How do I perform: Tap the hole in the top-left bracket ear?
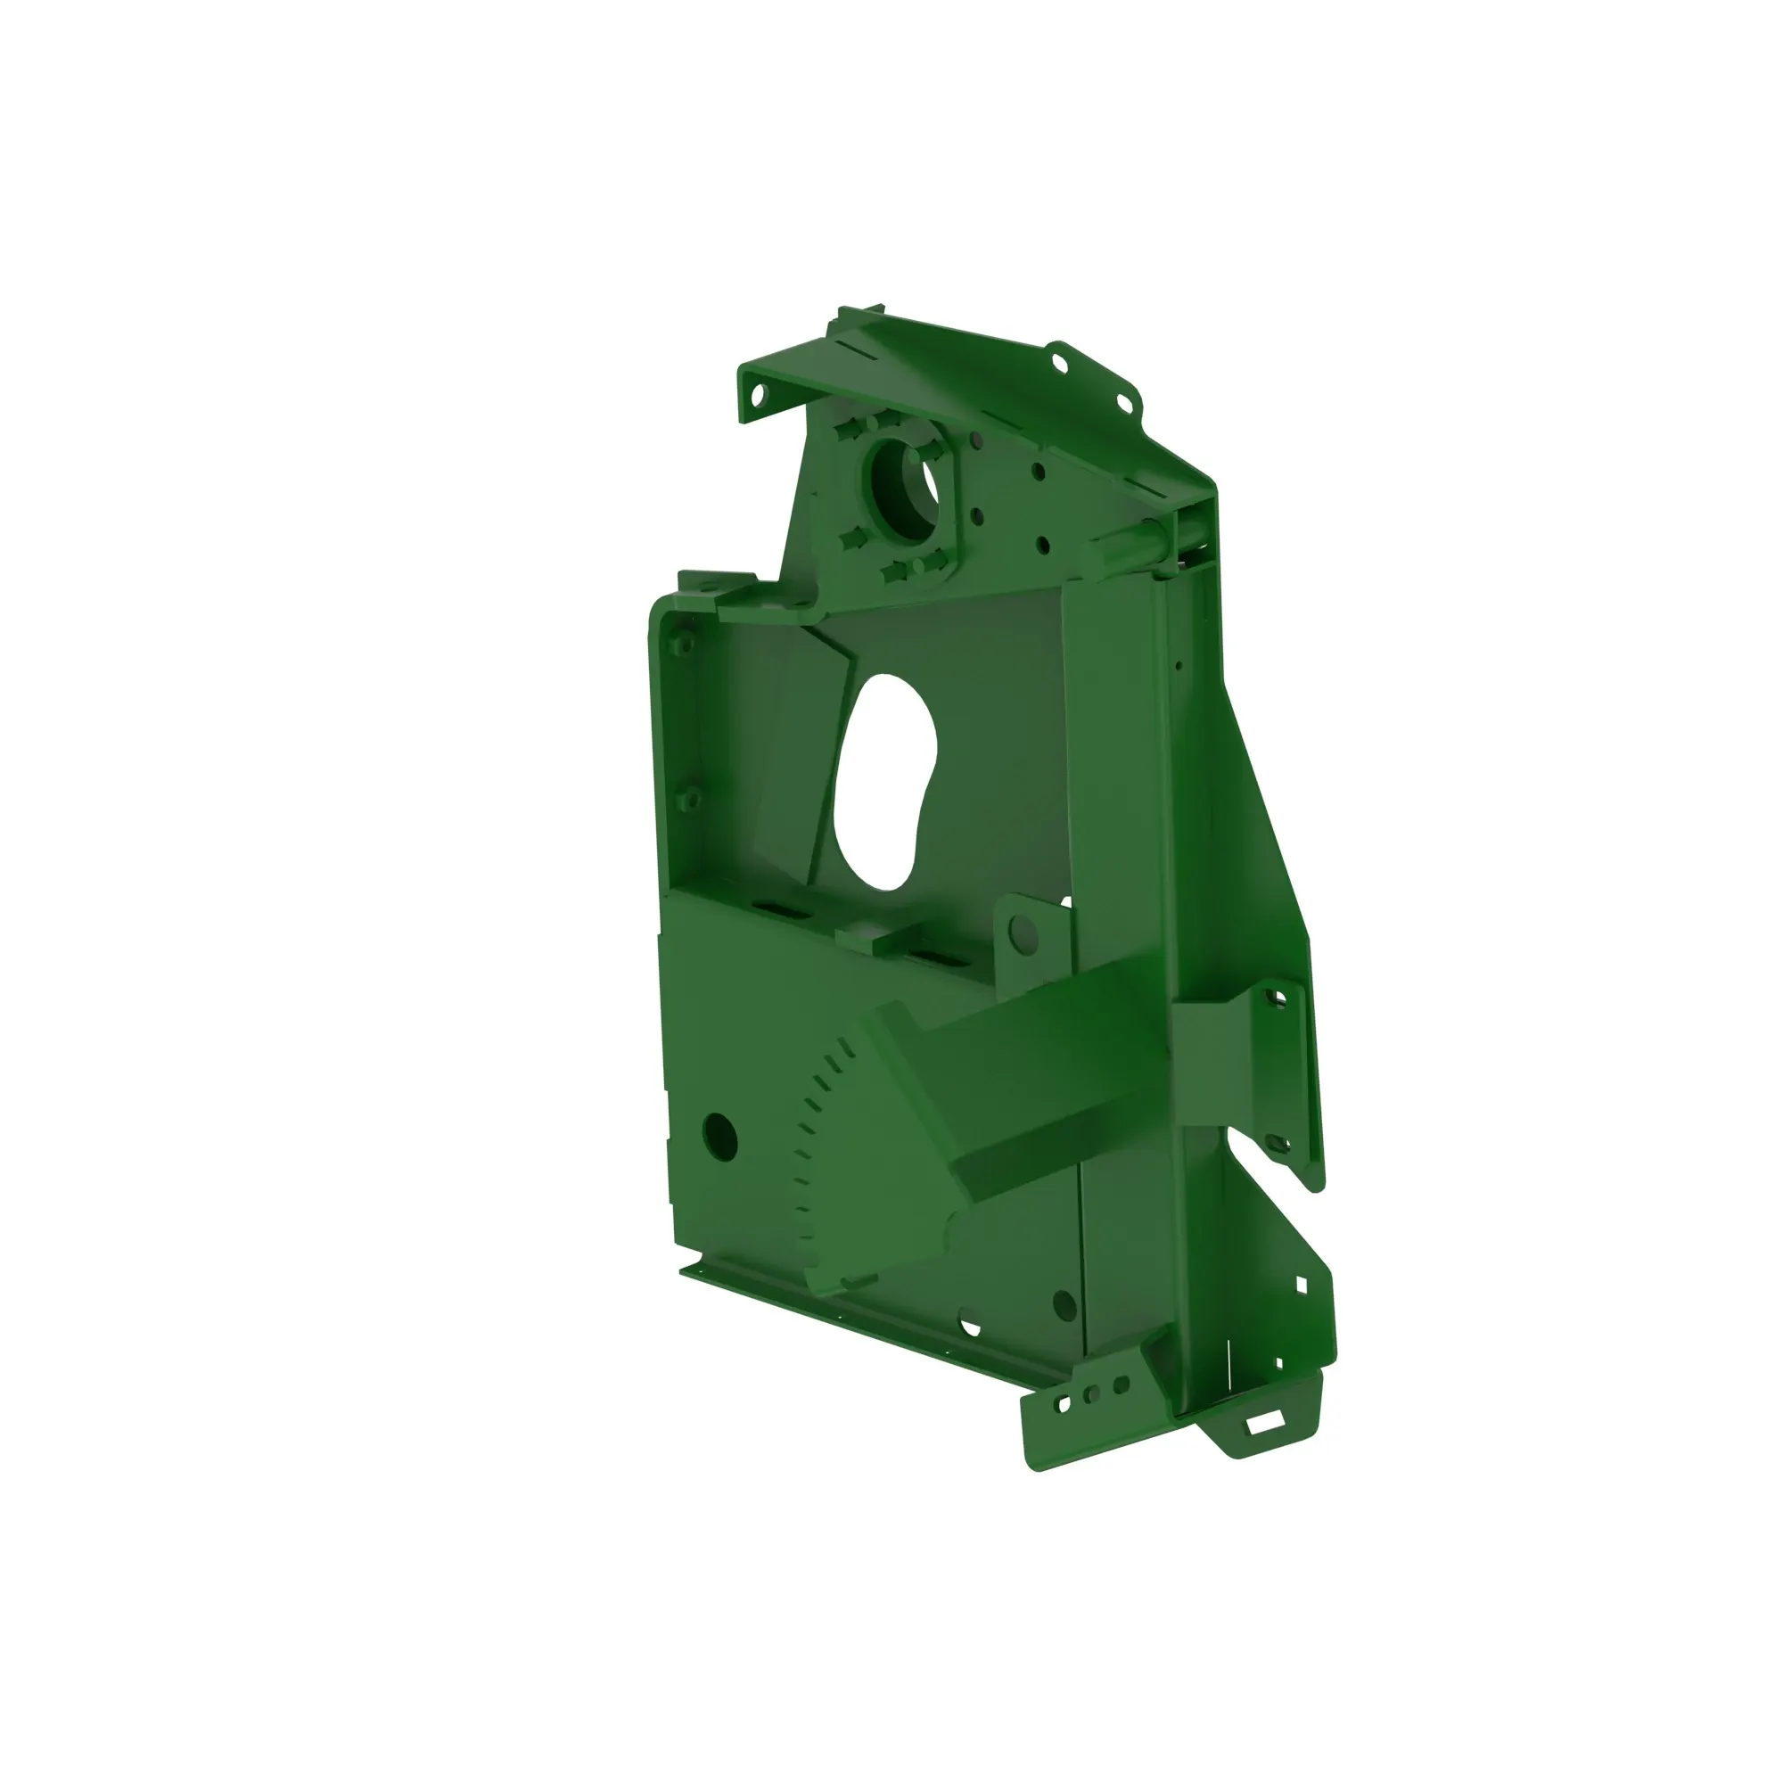[759, 396]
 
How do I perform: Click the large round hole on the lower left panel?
[719, 1137]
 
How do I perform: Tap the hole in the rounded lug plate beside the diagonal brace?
[1024, 933]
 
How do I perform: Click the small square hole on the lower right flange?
[1302, 1285]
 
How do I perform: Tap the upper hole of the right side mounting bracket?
[1278, 998]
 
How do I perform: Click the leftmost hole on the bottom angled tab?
[1064, 1404]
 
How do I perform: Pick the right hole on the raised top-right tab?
[1125, 401]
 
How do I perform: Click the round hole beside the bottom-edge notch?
[1064, 1305]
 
